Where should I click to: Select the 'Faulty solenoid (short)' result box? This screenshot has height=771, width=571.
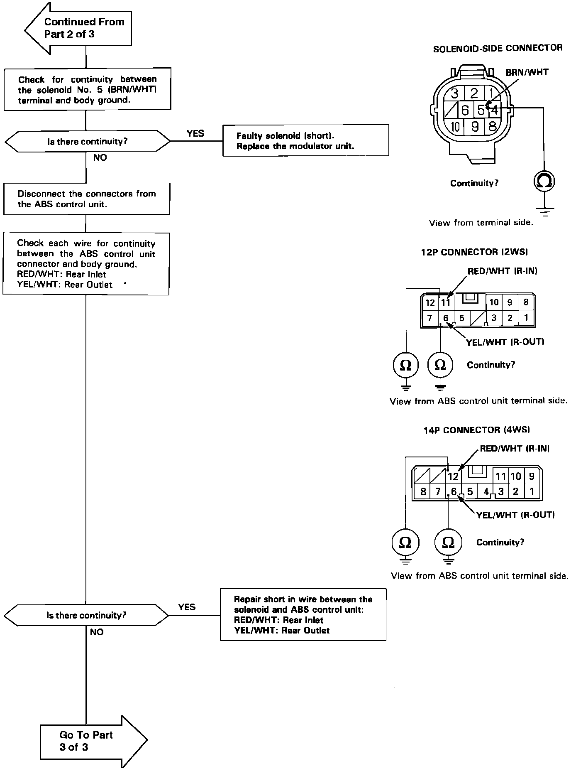[305, 140]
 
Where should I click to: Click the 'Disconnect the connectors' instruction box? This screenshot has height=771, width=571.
[86, 199]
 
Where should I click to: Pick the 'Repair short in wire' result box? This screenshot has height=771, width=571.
[303, 614]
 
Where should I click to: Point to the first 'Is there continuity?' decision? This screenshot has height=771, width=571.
[87, 142]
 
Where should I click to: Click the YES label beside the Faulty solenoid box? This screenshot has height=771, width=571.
[195, 133]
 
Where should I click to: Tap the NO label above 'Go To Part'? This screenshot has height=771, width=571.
[96, 632]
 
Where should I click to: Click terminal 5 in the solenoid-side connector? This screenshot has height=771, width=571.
[481, 110]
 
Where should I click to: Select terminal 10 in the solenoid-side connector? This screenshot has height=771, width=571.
[455, 126]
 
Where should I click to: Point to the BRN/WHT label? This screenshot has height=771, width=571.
[527, 73]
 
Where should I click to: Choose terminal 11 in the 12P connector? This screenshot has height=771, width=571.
[445, 302]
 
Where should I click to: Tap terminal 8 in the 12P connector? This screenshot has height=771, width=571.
[526, 302]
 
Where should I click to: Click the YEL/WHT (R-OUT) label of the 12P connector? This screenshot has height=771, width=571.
[505, 342]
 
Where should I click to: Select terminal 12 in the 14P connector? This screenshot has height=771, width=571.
[453, 476]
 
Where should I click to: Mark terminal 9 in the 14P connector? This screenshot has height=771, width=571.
[532, 476]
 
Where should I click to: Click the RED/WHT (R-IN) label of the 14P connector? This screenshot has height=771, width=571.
[515, 449]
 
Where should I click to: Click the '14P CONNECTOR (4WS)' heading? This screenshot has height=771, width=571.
[476, 430]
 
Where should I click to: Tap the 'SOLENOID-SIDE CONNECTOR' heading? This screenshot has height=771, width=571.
[498, 49]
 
